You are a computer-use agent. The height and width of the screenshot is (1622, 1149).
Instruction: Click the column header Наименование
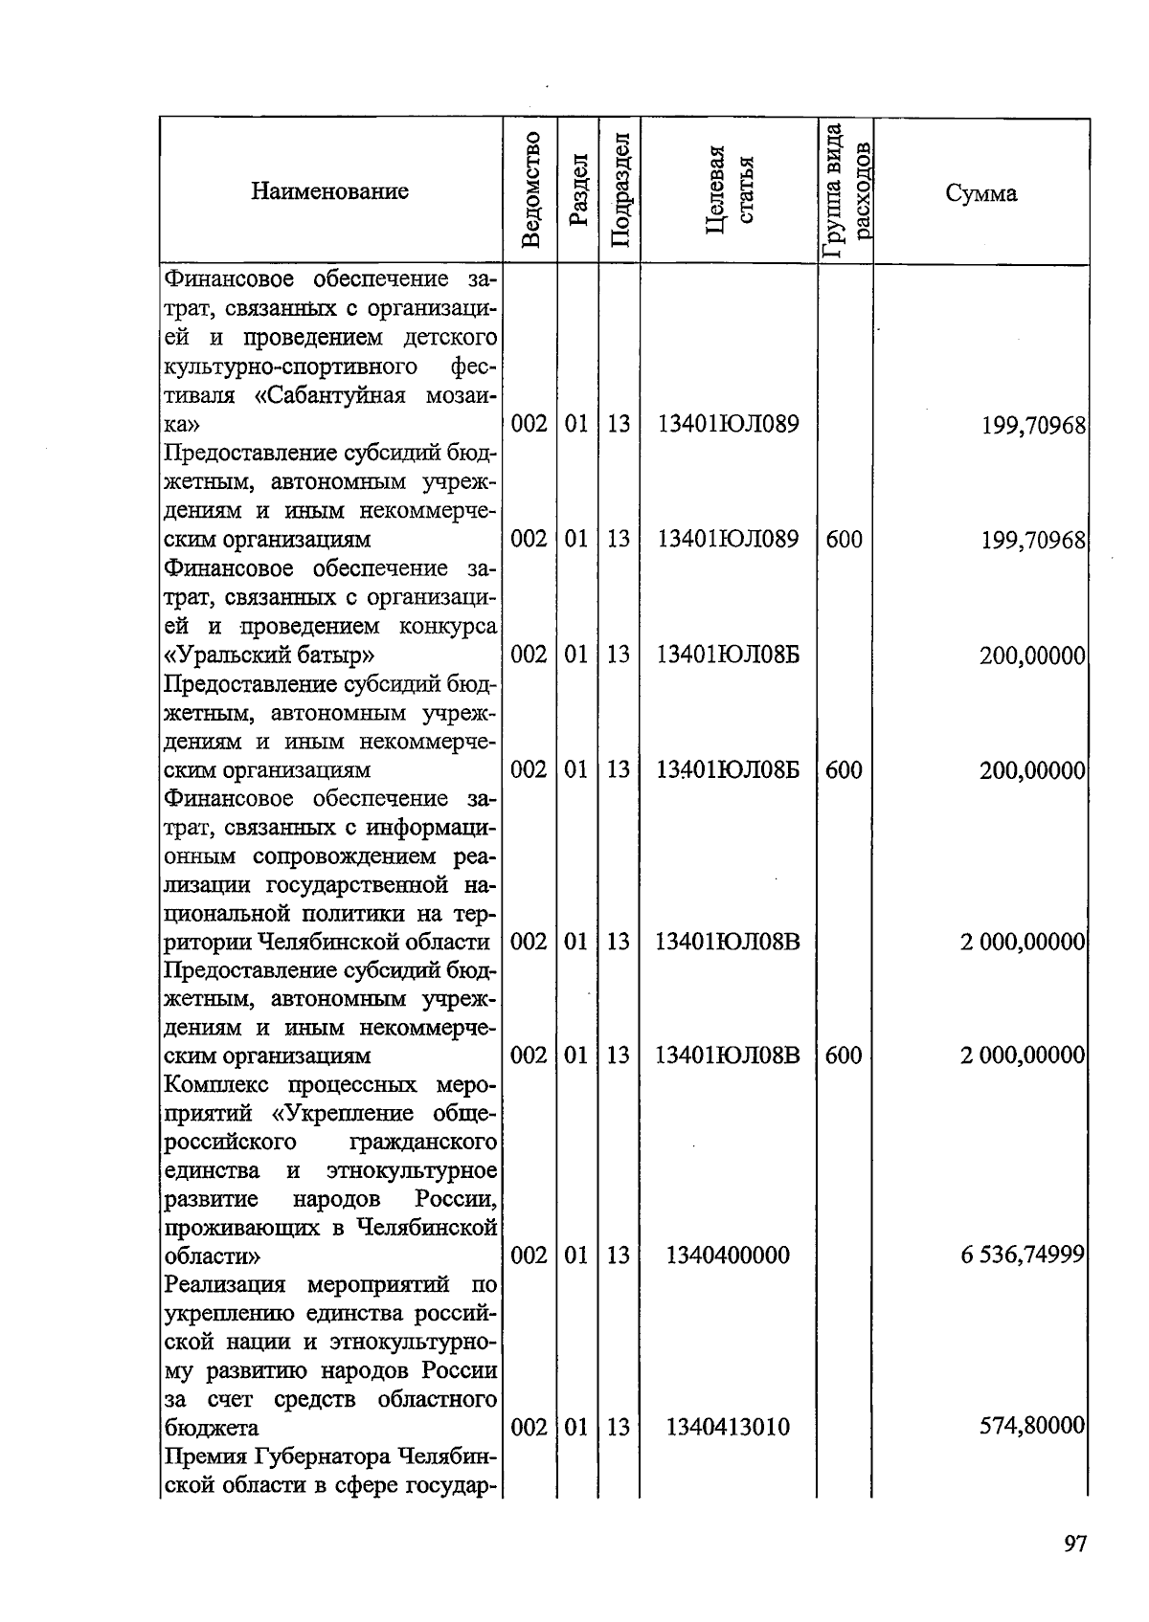329,191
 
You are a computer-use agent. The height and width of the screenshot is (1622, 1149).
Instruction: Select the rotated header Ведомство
532,190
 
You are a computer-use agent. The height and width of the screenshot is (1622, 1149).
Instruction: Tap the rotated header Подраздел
619,190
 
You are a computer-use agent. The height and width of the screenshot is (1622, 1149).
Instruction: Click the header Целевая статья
729,190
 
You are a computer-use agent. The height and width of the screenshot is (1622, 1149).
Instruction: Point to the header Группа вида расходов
845,190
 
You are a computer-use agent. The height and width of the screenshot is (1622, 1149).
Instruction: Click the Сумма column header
980,193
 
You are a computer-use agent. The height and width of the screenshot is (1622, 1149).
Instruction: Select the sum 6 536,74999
1022,1255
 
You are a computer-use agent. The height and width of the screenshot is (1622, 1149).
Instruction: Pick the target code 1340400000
728,1255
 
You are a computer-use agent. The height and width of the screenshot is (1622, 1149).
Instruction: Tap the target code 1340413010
728,1427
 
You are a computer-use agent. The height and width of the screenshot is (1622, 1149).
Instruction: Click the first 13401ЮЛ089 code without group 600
728,424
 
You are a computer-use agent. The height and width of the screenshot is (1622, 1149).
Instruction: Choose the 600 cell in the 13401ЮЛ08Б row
844,769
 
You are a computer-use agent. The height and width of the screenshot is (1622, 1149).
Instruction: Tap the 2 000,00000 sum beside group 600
1022,1055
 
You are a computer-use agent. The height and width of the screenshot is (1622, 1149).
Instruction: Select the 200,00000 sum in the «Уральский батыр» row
1031,656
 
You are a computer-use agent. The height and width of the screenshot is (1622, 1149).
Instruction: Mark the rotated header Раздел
576,190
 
